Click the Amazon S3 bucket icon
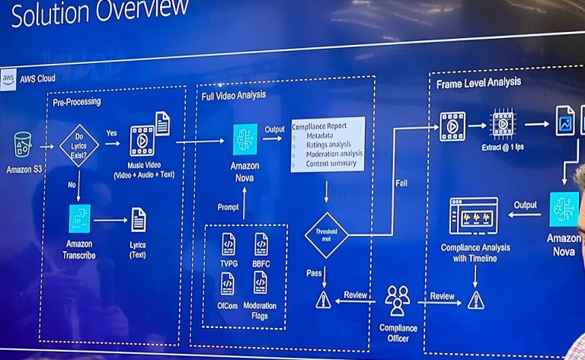point(23,145)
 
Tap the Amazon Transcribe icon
point(79,218)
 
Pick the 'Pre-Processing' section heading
point(76,101)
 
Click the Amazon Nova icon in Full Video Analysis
point(245,139)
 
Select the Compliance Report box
point(328,143)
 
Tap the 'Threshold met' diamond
point(326,235)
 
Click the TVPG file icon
point(228,244)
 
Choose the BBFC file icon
point(261,244)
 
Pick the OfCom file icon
point(228,284)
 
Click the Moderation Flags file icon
point(261,283)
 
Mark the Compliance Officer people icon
point(398,300)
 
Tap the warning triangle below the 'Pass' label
point(324,300)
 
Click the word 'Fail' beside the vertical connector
point(401,183)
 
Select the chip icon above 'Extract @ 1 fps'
point(503,123)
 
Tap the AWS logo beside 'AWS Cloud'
point(9,78)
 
